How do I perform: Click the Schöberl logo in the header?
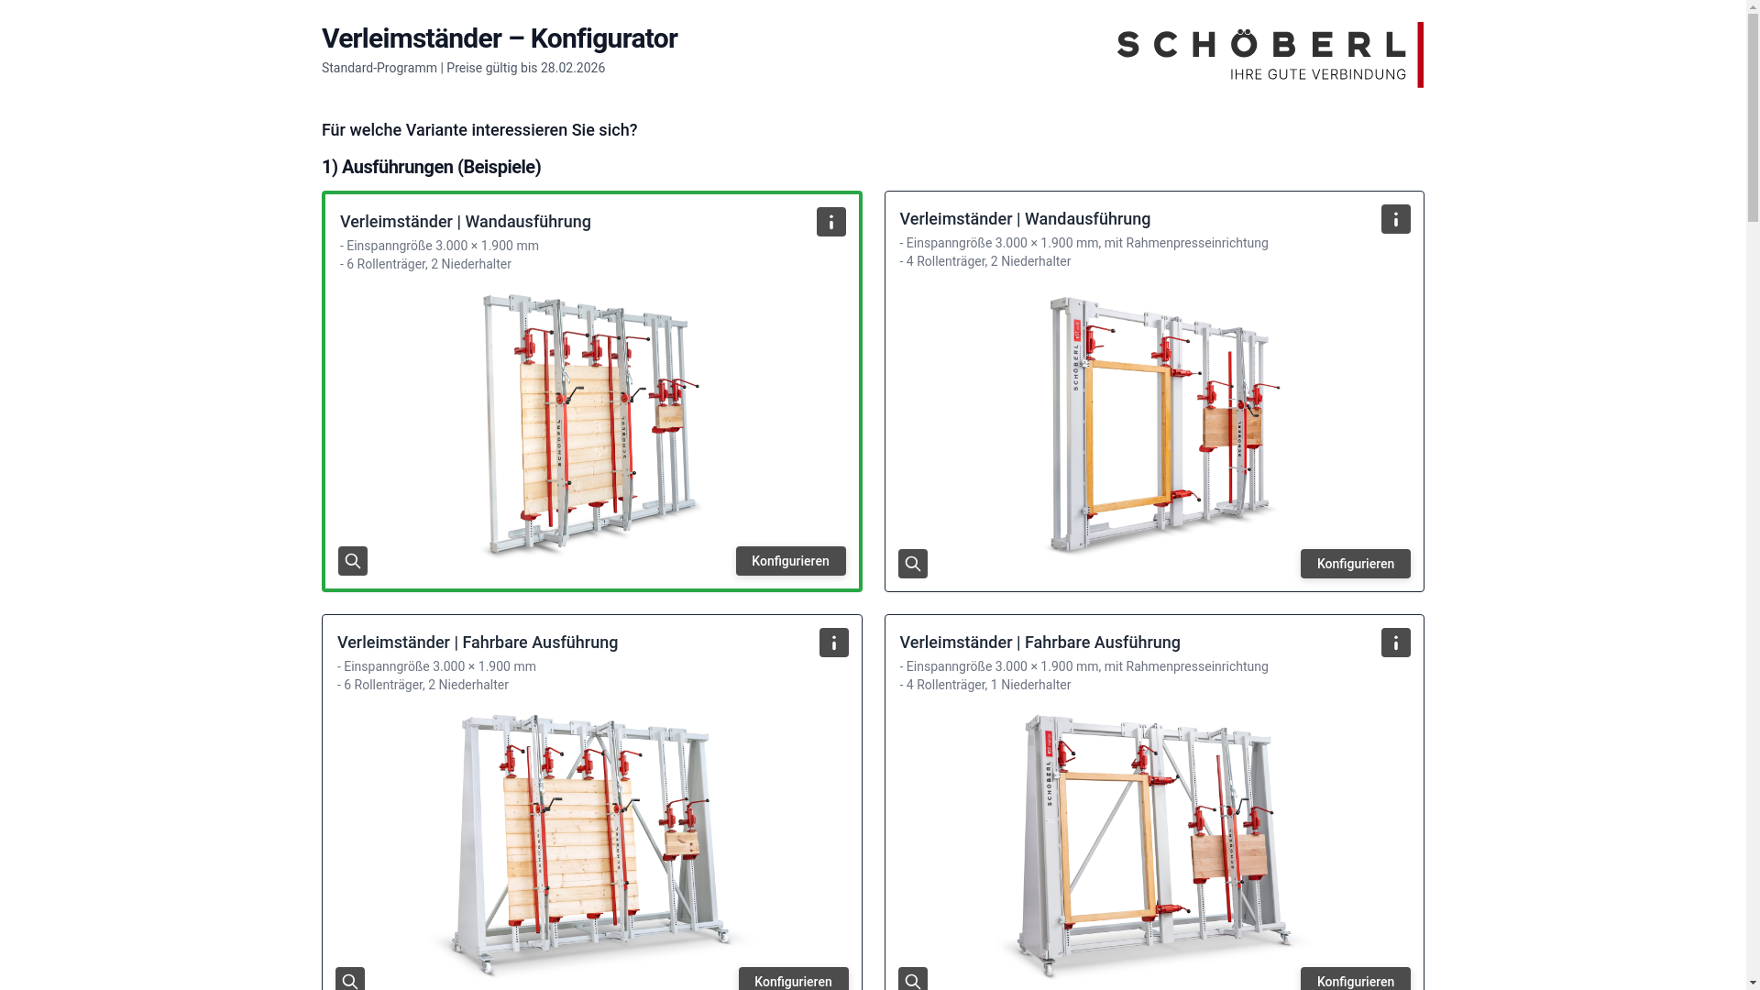tap(1269, 54)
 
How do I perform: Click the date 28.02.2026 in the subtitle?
tap(572, 68)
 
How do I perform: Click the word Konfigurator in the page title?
tap(603, 38)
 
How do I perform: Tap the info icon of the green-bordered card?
tap(830, 222)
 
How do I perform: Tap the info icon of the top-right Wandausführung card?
tap(1395, 219)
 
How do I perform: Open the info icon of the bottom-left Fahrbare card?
tap(833, 643)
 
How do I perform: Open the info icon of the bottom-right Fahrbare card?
tap(1395, 643)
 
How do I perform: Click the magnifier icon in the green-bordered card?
tap(353, 561)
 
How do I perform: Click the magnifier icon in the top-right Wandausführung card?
tap(912, 564)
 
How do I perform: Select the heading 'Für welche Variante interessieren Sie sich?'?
tap(479, 130)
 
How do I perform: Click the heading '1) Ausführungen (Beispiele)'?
tap(431, 167)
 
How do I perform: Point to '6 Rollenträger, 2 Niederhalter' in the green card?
tap(428, 264)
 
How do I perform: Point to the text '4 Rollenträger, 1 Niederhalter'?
tap(987, 685)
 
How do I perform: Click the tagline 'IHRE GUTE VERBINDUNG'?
tap(1317, 74)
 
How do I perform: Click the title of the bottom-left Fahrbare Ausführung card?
tap(478, 643)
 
